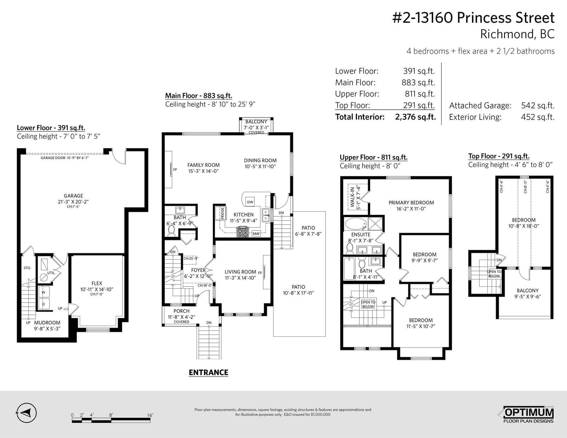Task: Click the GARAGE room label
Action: pos(73,196)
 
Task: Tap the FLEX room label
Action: pos(97,283)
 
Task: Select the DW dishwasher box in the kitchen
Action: pos(250,202)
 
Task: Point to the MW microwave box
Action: pos(256,234)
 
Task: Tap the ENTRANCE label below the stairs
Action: pos(208,372)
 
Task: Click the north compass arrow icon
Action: pos(27,413)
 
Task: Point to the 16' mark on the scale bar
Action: pos(150,415)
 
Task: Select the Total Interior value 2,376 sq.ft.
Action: pos(415,117)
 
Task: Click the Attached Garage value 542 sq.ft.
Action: pos(538,106)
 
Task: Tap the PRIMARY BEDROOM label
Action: pos(411,203)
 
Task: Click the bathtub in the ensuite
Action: pos(356,224)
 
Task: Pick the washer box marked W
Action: pos(44,292)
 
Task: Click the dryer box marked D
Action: pos(44,304)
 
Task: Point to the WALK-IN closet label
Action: pos(353,197)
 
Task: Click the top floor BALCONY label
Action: pos(528,290)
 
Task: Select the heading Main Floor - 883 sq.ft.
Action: pos(198,96)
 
